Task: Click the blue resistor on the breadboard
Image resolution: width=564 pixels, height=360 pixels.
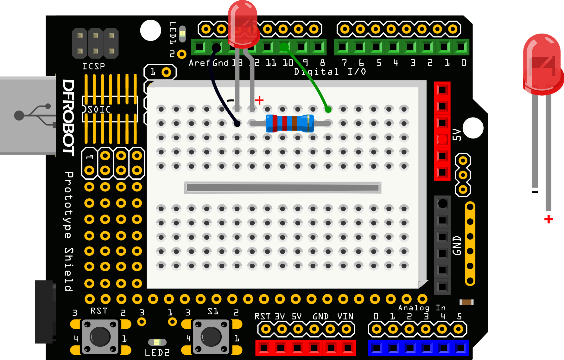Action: [290, 123]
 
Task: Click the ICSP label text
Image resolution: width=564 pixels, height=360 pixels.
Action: [93, 66]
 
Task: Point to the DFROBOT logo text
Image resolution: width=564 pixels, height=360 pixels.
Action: [68, 118]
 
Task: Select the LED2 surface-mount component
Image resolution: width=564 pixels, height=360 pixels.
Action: [157, 342]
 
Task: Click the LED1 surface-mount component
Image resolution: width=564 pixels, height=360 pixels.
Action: [182, 34]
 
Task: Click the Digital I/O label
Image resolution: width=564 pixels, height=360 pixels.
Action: [330, 72]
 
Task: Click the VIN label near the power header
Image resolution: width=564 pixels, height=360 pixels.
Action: [345, 316]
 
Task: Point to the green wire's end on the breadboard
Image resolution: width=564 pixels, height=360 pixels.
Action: [328, 110]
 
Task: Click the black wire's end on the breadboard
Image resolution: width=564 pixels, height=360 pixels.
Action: [237, 124]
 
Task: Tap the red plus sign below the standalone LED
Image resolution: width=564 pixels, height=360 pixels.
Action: [548, 219]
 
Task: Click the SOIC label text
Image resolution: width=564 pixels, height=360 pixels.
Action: [99, 110]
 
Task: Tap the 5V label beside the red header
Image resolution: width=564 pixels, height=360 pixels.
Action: [456, 135]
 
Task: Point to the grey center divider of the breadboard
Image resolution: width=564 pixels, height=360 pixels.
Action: [282, 188]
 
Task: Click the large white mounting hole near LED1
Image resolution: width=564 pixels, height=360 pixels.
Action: [151, 30]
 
